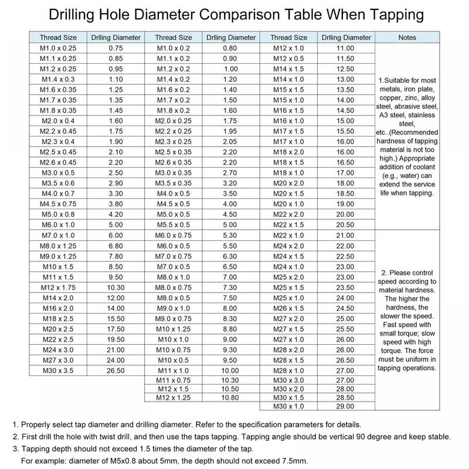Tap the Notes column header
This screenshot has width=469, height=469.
407,38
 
